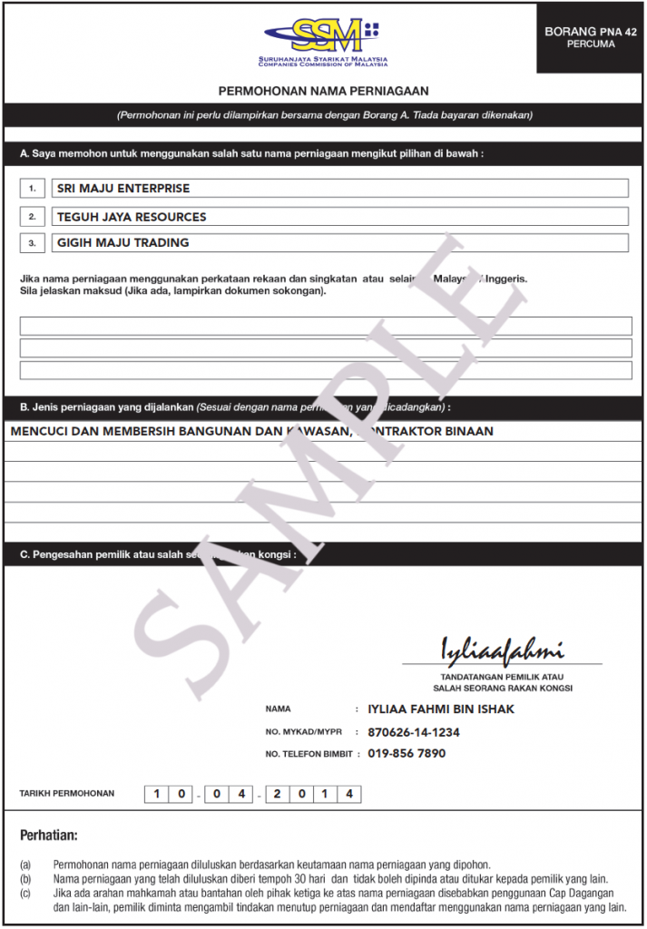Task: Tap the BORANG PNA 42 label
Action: tap(591, 31)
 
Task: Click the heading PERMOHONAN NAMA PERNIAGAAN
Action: tap(323, 92)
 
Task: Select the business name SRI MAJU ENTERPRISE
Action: tap(123, 189)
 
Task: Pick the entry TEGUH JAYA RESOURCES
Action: tap(132, 217)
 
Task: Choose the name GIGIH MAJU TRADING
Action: tap(123, 243)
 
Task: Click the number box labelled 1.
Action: tap(32, 189)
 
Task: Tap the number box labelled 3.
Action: tap(32, 243)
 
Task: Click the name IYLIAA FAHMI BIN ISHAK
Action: tap(441, 709)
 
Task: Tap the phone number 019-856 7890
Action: tap(407, 754)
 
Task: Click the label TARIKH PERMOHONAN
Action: tap(67, 794)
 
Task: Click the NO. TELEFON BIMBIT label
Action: tap(308, 755)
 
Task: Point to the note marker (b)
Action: tap(25, 879)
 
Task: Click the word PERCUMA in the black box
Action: tap(591, 44)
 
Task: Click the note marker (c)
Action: tap(25, 894)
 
